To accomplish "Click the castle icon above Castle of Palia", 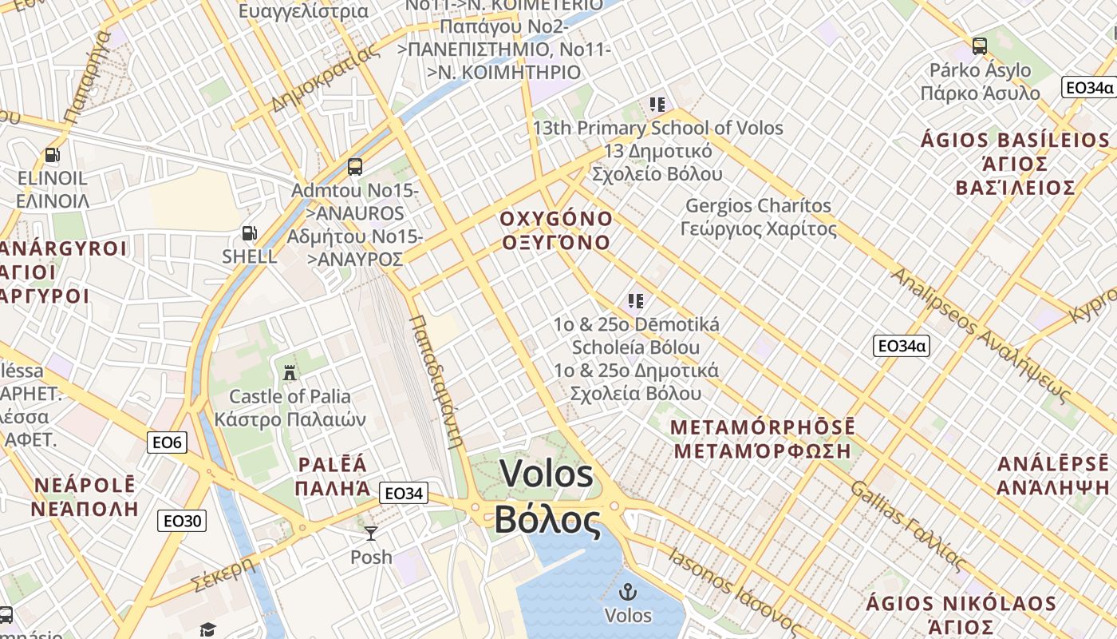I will [x=290, y=372].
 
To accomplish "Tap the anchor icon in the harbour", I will [x=628, y=592].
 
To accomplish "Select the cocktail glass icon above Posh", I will [x=371, y=533].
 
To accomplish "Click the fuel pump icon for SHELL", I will [x=250, y=233].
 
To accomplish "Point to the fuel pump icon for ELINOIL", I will [x=53, y=155].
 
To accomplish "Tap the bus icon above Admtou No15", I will [x=355, y=167].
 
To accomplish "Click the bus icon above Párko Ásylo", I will [x=980, y=46].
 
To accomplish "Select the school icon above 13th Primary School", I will [x=657, y=104].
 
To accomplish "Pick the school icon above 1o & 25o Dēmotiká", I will [x=635, y=301].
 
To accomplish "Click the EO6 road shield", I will [x=166, y=442].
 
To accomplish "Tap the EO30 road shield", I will [x=182, y=522].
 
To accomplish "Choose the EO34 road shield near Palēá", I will [x=403, y=494].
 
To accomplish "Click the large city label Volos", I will [x=547, y=474].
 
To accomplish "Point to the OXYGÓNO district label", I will [x=556, y=219].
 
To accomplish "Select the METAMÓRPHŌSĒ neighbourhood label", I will [x=762, y=427].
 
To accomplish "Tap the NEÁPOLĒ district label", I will [x=85, y=485].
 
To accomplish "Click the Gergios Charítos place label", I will [x=758, y=206].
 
